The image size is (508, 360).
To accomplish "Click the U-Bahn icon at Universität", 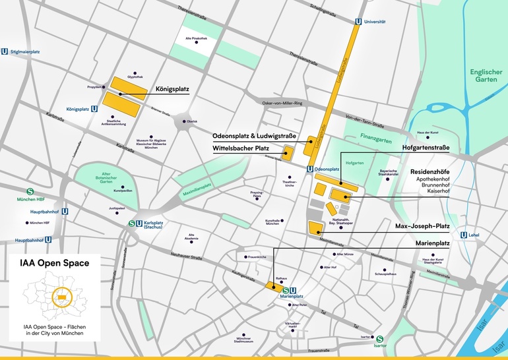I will (358, 21).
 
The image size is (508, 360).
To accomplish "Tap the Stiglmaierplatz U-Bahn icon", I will (5, 51).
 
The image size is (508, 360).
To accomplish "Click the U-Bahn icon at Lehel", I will (463, 234).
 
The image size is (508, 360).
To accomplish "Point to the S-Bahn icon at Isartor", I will (380, 340).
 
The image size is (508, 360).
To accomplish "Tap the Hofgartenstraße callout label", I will (435, 148).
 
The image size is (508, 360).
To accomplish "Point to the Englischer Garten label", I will (486, 77).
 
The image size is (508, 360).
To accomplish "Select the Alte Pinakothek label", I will (197, 38).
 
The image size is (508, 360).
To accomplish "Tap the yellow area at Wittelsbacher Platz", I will (288, 153).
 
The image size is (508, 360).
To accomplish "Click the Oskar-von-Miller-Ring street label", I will (282, 104).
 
